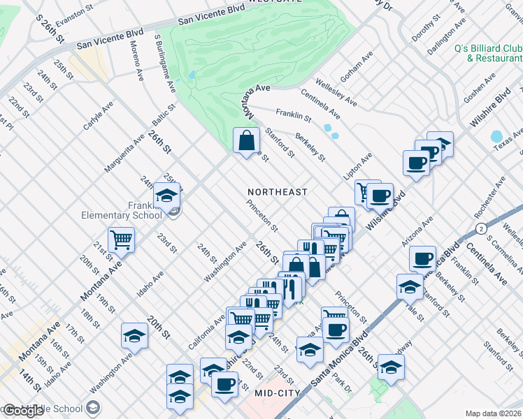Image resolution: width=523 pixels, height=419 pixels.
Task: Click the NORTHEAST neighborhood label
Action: pos(278,191)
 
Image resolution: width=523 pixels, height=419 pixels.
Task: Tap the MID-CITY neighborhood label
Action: pos(278,393)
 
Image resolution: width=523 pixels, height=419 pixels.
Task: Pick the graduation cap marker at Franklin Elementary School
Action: pos(167,196)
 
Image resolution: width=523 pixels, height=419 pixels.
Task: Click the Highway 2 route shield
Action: pos(481,228)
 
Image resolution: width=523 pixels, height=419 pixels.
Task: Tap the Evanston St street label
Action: pos(74,12)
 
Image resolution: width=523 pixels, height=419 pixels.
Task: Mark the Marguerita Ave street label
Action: pos(119,152)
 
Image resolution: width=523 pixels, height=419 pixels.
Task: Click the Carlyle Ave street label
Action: pos(97,117)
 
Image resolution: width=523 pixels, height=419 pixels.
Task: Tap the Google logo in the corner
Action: pos(24,410)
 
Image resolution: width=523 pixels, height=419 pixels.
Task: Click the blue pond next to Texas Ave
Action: pos(497,136)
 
